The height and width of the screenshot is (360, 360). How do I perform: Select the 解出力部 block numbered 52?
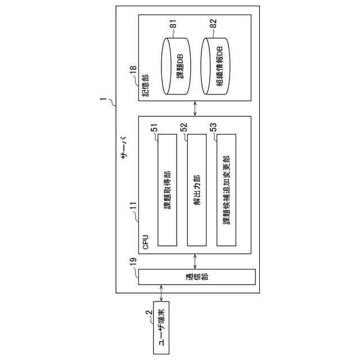(x=196, y=190)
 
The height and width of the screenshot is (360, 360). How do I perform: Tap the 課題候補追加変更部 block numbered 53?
(x=226, y=190)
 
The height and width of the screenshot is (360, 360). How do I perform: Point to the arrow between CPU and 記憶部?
(x=195, y=109)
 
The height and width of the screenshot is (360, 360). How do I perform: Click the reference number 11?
(x=133, y=211)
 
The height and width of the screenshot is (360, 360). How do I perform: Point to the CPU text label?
(x=146, y=242)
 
